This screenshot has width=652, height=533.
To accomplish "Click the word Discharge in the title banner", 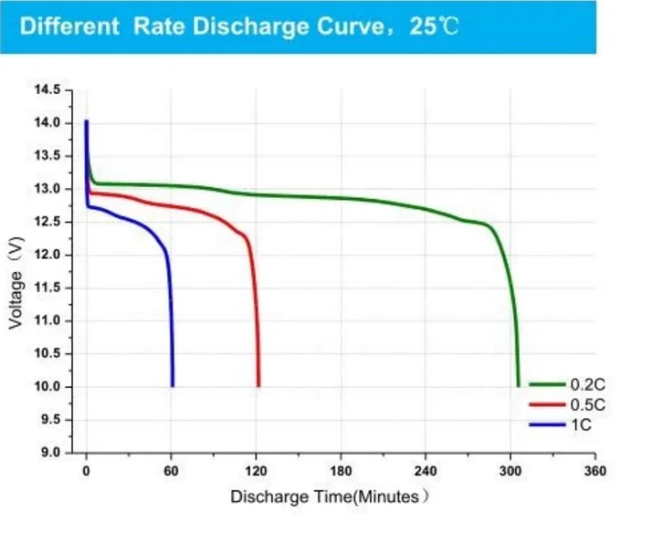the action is point(250,26).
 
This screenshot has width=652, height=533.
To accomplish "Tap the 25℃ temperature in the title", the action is point(434,26).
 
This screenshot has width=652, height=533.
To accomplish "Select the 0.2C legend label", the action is point(587,384).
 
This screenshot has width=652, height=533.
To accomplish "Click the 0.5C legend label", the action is point(587,404).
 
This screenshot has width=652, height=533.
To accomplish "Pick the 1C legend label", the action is point(581,424).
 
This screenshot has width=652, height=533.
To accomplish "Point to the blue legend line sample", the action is point(547,424).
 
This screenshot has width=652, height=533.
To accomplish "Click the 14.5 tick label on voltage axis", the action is point(47,89).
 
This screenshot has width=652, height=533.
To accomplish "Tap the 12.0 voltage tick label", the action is point(47,255).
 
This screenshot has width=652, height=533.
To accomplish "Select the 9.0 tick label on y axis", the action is point(50,452).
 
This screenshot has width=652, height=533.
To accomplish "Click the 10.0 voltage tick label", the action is point(47,386).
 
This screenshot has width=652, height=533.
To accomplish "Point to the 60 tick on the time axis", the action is point(171,471).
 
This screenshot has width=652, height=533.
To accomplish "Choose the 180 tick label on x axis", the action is point(341,471).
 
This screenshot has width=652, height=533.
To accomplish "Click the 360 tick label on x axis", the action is point(595,471).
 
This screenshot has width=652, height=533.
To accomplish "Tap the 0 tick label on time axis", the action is point(86,471).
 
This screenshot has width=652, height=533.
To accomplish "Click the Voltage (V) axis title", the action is point(16,283).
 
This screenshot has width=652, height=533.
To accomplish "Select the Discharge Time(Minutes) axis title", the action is point(330,496).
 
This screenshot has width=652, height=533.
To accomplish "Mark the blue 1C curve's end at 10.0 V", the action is point(173,386).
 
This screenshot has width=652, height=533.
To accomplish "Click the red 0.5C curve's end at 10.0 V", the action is point(258,386).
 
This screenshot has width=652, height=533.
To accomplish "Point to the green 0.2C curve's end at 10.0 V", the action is point(518,386).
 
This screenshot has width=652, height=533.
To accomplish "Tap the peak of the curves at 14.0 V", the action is point(87,121).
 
